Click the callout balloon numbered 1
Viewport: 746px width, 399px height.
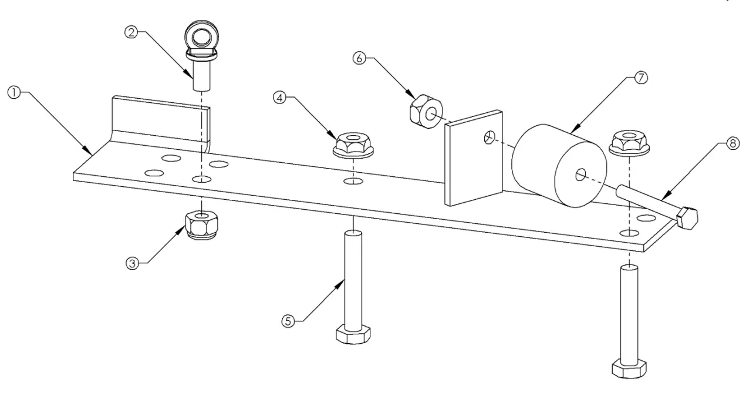tap(13, 93)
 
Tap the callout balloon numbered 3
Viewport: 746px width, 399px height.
tap(133, 264)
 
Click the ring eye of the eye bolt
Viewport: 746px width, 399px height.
tap(202, 35)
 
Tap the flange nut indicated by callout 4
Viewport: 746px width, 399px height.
tap(352, 145)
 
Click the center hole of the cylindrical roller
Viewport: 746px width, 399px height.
tap(580, 174)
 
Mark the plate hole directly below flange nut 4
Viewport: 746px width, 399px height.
tap(352, 180)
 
